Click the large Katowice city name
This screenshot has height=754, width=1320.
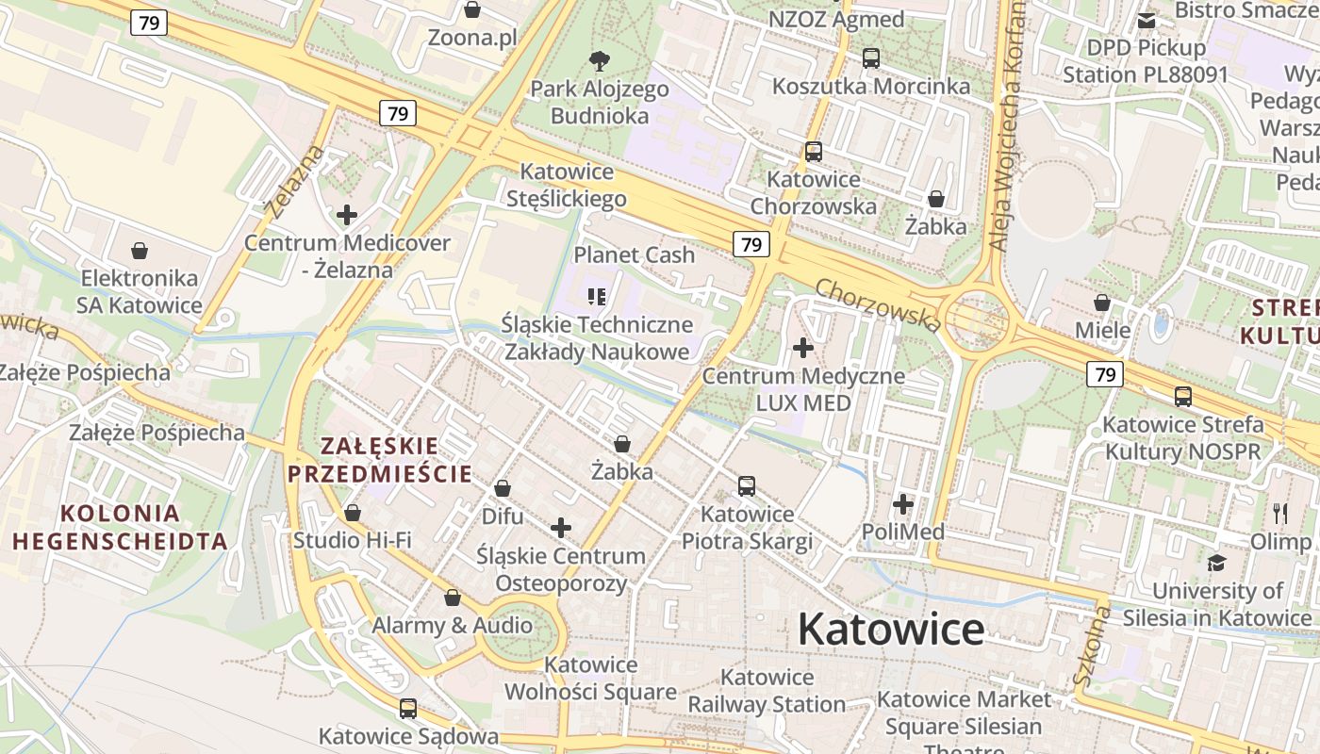point(891,630)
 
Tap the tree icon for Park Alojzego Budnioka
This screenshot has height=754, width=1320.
point(599,62)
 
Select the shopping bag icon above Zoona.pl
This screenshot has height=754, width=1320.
point(472,10)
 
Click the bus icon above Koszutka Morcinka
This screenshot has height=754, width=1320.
point(871,58)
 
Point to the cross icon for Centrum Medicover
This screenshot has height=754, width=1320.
point(347,215)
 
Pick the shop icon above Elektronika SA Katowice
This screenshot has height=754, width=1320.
point(140,251)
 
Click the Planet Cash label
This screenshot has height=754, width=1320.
point(634,254)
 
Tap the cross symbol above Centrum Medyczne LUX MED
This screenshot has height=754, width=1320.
point(803,349)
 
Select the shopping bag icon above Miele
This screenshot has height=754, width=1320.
point(1101,303)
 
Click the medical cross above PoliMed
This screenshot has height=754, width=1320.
point(903,504)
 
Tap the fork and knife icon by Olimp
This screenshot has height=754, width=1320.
point(1280,514)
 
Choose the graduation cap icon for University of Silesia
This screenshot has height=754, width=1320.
point(1216,564)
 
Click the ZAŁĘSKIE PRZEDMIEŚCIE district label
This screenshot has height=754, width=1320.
point(380,460)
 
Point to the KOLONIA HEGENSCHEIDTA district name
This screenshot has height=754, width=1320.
point(120,528)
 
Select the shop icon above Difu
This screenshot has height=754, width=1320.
point(503,489)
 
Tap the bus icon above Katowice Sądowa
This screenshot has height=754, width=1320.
point(408,709)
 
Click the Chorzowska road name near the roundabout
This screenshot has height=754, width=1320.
point(878,304)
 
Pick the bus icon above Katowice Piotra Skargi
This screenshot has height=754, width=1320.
point(747,486)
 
